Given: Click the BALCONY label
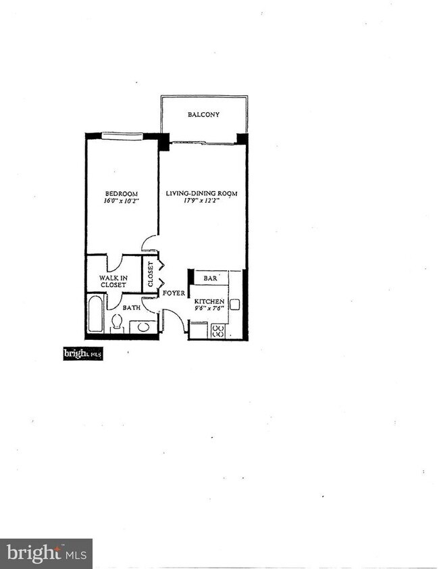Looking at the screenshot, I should [203, 115].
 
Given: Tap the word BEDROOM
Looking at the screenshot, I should [121, 193].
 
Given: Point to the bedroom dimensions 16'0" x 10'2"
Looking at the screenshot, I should [121, 201].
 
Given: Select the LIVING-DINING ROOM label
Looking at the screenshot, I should [202, 194].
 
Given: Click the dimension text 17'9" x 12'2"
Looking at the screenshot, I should [202, 201].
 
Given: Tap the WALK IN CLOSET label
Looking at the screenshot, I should [113, 281].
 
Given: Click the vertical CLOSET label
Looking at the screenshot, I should [151, 274].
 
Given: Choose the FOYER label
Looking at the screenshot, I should [174, 293].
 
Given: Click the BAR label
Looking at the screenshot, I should [211, 278].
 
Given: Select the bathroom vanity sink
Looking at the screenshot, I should [143, 327].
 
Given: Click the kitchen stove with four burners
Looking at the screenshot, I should [218, 330].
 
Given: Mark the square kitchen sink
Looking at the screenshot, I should [235, 303].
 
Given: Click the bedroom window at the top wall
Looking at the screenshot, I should [121, 136].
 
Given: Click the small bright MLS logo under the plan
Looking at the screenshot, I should [82, 353].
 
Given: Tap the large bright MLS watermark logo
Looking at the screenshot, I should [46, 553].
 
